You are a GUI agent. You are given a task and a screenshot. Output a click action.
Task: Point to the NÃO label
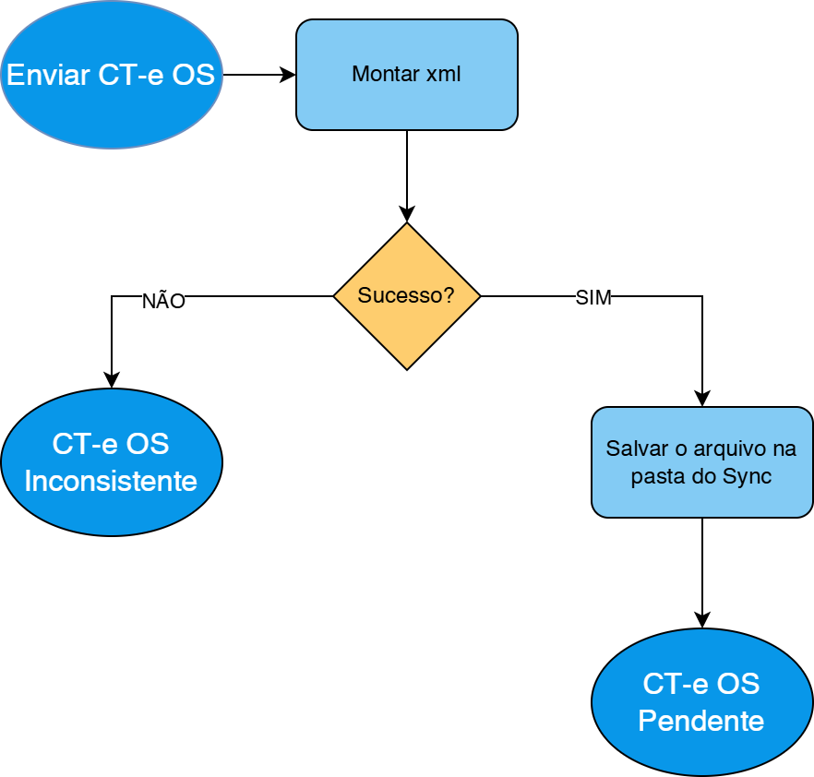[163, 302]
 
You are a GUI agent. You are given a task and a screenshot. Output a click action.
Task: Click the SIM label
[593, 298]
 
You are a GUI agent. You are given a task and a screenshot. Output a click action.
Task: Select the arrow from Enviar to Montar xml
[259, 75]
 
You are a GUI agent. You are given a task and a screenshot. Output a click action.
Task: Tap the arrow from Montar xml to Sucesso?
[407, 175]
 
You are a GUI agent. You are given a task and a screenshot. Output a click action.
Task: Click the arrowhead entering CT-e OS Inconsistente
[112, 381]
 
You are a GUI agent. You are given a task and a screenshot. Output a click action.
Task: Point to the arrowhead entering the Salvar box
[702, 400]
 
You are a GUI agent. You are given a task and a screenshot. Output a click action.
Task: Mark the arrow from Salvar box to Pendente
[702, 572]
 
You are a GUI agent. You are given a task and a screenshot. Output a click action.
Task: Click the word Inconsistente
[111, 481]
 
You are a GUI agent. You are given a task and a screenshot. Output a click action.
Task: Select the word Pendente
[701, 721]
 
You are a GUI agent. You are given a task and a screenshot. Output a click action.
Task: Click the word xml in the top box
[443, 75]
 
